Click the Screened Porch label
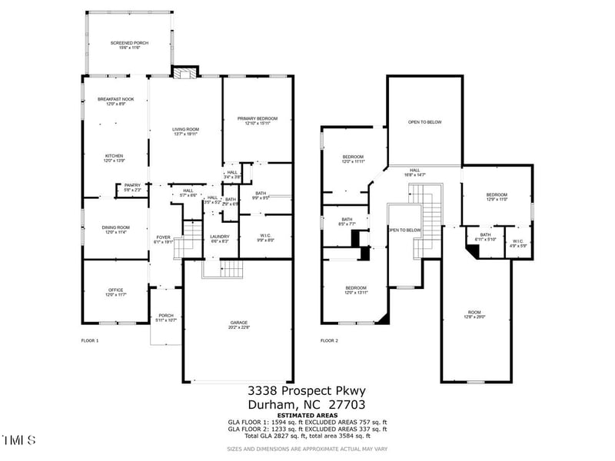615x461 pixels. coord(125,45)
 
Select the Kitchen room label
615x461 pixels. coord(114,158)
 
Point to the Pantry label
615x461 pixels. coord(132,187)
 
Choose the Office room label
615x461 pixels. coord(116,291)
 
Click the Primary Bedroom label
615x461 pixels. coord(257,120)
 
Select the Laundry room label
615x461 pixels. coord(220,239)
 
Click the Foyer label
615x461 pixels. coord(164,238)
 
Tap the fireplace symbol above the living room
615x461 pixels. coord(182,74)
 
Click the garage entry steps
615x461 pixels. coord(231,269)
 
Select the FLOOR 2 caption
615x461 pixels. coord(329,340)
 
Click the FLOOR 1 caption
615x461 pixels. coord(90,340)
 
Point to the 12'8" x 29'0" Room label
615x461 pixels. coord(476,314)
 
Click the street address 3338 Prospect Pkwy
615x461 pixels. coord(306,392)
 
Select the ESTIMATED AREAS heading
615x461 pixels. coord(307,415)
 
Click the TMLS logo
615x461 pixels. coord(19,440)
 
